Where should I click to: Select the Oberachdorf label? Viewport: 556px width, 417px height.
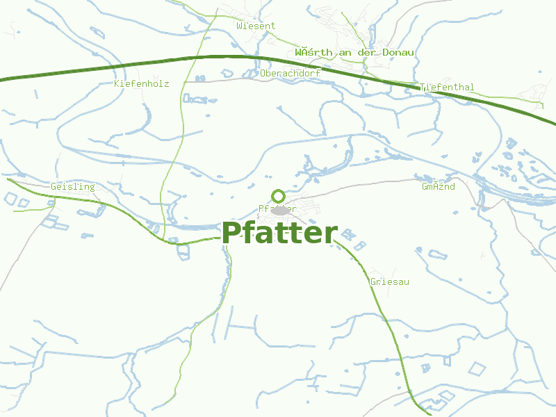[290, 72]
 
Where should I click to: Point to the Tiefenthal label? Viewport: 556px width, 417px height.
[447, 88]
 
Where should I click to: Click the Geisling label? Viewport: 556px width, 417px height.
[72, 187]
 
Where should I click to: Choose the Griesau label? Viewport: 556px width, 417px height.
[389, 282]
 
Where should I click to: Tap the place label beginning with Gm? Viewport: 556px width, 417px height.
[439, 187]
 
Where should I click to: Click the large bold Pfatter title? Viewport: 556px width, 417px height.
[279, 234]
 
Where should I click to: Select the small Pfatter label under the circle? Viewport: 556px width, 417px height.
[278, 208]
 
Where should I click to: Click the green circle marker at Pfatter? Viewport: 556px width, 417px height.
[278, 196]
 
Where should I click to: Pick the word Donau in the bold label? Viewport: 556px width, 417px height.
[398, 52]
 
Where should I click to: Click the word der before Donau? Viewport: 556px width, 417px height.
[366, 52]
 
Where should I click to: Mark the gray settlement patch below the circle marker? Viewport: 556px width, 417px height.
[280, 210]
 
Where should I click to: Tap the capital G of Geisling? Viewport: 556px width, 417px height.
[54, 187]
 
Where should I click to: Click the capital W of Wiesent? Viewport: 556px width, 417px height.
[239, 26]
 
